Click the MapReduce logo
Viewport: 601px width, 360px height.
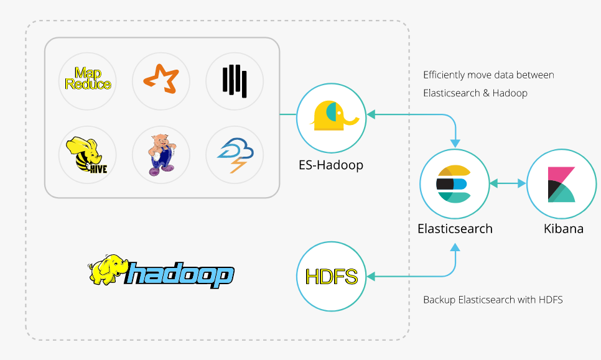(88, 78)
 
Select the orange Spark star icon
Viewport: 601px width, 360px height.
(161, 79)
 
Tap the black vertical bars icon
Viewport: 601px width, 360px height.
(235, 81)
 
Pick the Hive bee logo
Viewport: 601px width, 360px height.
(86, 155)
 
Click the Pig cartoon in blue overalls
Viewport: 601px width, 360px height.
(162, 155)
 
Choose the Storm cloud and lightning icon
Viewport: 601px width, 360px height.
(235, 155)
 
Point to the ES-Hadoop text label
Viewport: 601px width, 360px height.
(331, 165)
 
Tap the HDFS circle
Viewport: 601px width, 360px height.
(332, 276)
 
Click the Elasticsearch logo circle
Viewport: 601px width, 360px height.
(455, 184)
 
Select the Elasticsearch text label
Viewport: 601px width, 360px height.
(455, 229)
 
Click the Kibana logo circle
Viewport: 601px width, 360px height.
(562, 184)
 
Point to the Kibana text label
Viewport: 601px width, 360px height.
(564, 229)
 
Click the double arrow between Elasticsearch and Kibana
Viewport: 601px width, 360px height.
(508, 183)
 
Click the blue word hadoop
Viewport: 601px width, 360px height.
(179, 274)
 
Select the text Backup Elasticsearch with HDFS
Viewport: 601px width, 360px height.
(493, 300)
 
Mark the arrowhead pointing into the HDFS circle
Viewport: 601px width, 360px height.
(371, 276)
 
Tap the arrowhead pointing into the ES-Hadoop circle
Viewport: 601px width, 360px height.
(371, 114)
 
